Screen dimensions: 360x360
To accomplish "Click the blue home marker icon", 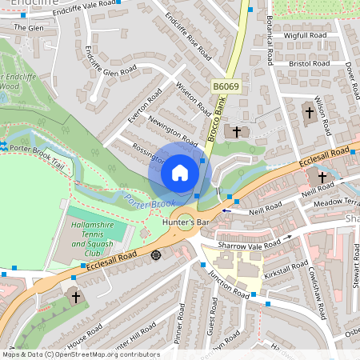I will coord(180,172).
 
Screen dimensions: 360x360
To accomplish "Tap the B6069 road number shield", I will coord(225,84).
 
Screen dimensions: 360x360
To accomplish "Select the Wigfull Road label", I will coord(305,36).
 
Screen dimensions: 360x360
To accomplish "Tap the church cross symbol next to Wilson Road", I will coord(310,112).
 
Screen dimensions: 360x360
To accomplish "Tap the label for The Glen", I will coord(29,27).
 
